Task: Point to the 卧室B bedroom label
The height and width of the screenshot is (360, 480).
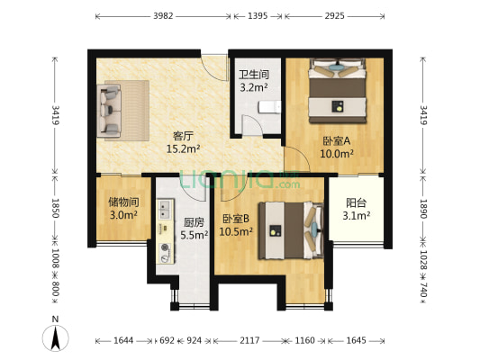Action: point(237,219)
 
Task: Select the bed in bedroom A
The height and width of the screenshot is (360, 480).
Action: point(338,93)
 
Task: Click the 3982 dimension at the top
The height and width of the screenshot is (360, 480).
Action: point(163,16)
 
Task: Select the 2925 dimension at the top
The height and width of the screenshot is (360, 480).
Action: point(335,16)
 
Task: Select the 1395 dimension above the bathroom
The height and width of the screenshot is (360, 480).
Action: point(257,16)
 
